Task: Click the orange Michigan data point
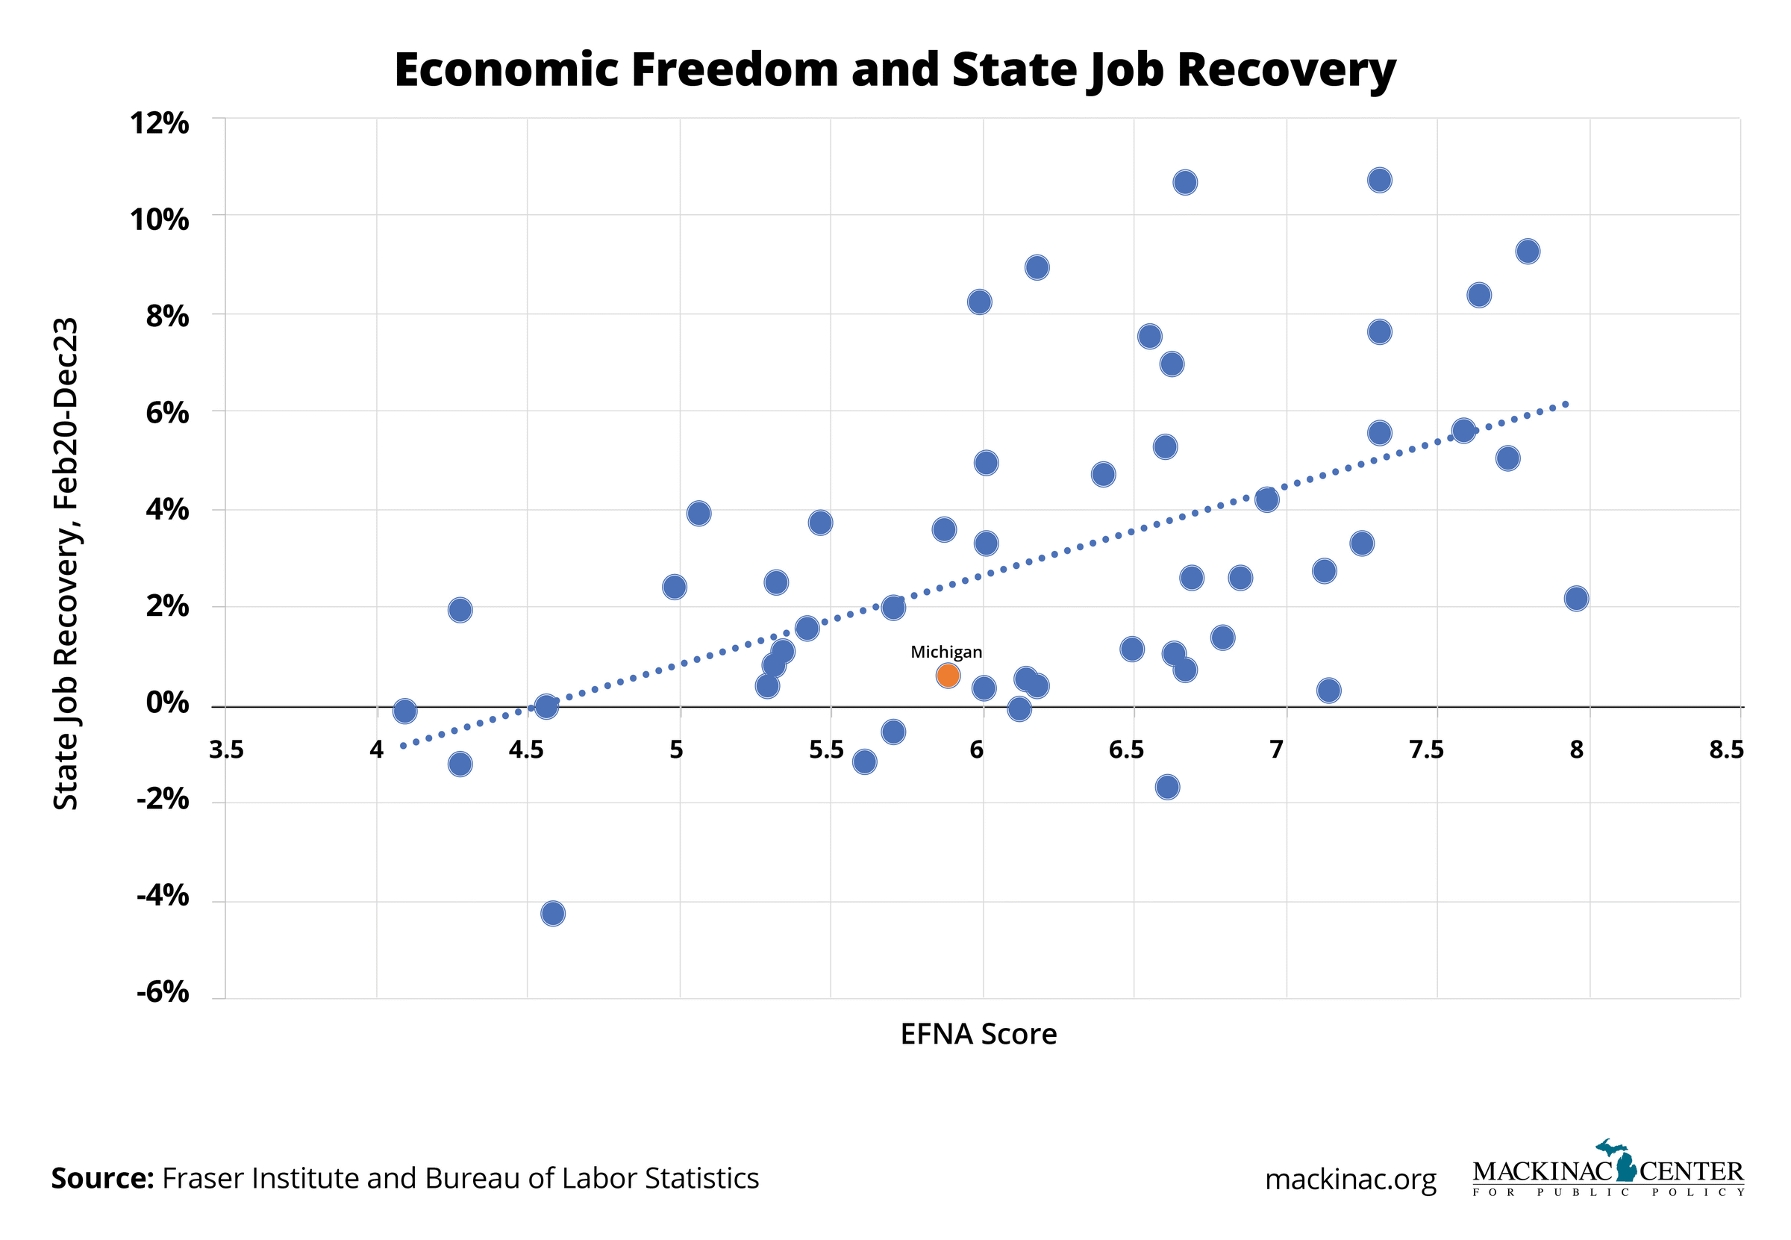[x=948, y=676]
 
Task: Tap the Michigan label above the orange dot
[x=946, y=652]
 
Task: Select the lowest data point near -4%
[x=552, y=913]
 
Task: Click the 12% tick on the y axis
[x=159, y=122]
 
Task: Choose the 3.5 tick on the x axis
[x=226, y=750]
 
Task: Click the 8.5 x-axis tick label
[x=1727, y=750]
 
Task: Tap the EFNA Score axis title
[x=978, y=1034]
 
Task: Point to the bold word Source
[x=101, y=1179]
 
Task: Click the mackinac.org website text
[x=1350, y=1180]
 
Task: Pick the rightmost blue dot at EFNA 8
[x=1576, y=598]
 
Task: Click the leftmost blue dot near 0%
[x=404, y=711]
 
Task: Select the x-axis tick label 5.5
[x=825, y=750]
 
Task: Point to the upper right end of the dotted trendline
[x=1567, y=404]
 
